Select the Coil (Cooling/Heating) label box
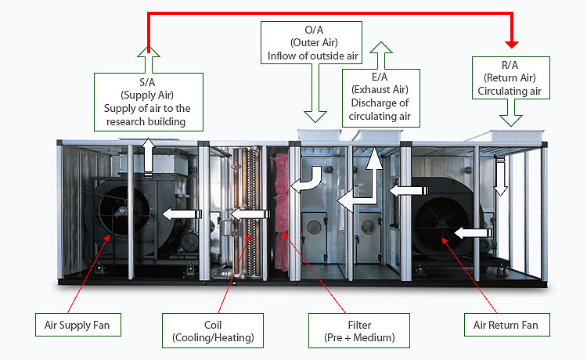[x=211, y=330]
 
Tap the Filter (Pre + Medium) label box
[x=358, y=330]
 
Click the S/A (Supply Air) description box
[x=149, y=101]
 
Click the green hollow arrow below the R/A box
[x=513, y=115]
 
